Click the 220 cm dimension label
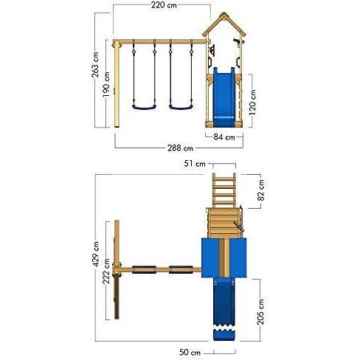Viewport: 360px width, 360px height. (164, 5)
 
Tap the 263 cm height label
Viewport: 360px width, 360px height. (95, 65)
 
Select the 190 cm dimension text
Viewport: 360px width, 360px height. (106, 84)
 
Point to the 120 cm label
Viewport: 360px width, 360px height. (252, 103)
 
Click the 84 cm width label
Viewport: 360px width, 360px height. (224, 137)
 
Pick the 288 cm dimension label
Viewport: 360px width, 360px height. (180, 148)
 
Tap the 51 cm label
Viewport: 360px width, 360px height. (195, 164)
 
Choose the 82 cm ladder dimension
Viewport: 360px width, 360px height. (261, 190)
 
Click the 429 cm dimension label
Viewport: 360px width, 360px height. (96, 254)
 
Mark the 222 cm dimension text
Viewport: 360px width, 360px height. (106, 271)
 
